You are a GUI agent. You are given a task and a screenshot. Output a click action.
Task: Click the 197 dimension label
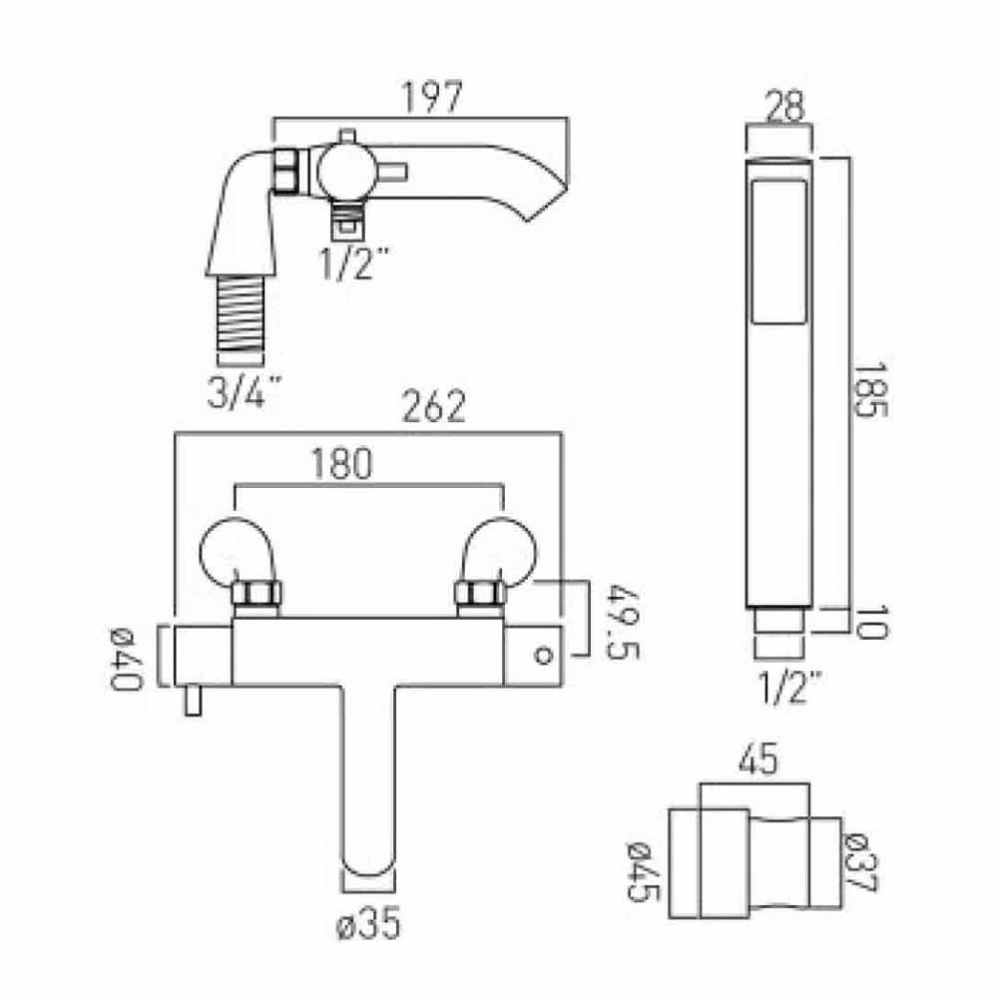[433, 98]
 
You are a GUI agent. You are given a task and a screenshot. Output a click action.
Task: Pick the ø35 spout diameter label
[370, 925]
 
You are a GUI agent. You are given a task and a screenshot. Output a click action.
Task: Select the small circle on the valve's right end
[544, 656]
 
